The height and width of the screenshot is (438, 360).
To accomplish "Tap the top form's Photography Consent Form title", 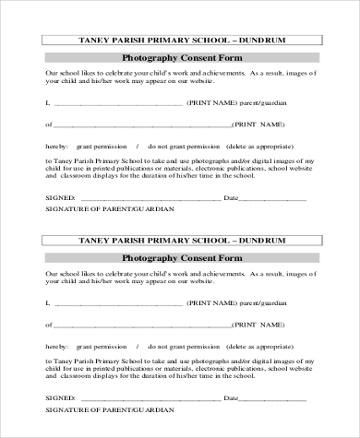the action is pyautogui.click(x=180, y=58).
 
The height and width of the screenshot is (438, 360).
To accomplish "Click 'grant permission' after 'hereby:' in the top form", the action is pyautogui.click(x=102, y=146).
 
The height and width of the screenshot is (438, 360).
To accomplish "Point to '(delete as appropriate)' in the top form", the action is pyautogui.click(x=272, y=146).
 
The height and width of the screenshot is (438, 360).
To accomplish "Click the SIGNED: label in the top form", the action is pyautogui.click(x=59, y=198).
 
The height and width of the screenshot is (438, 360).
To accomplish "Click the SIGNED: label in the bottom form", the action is pyautogui.click(x=59, y=399).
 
